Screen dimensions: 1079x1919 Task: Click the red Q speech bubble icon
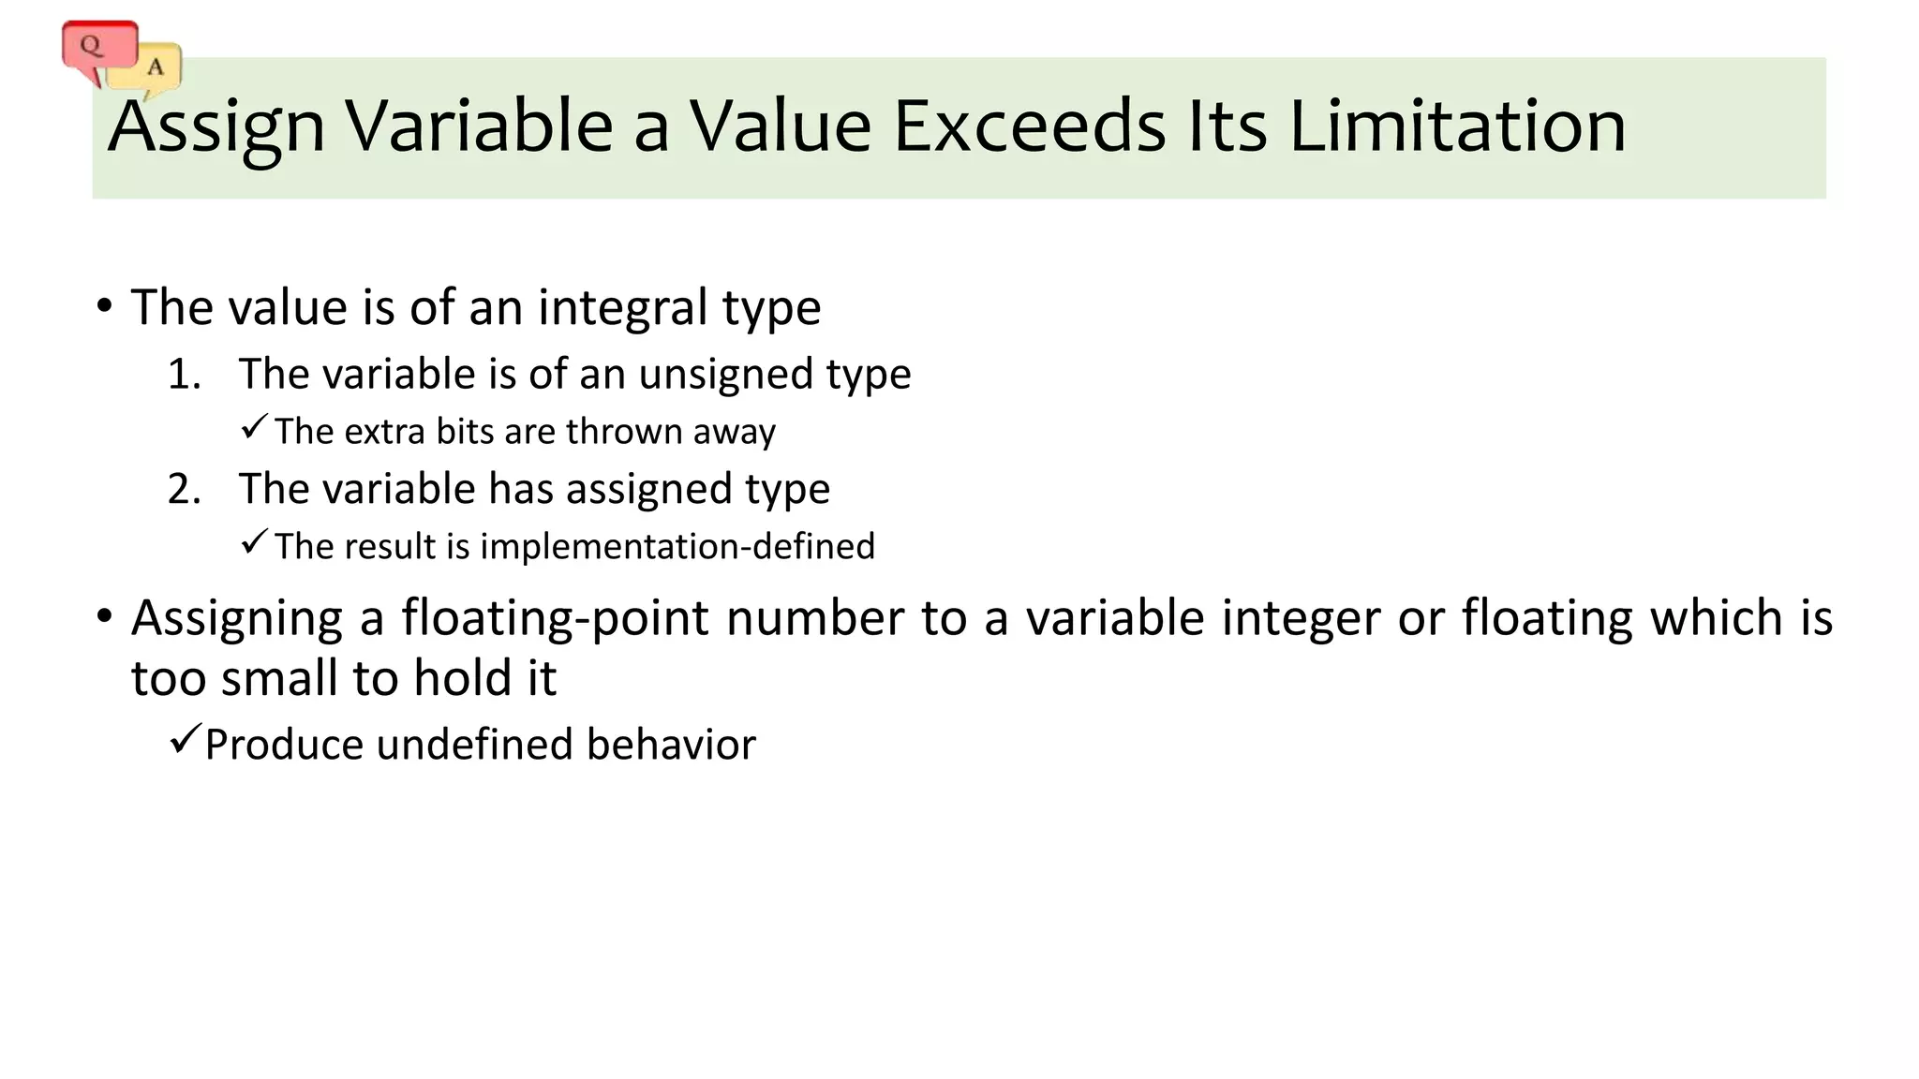click(97, 48)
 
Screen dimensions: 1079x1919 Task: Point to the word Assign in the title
click(216, 127)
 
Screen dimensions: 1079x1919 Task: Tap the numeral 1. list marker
click(184, 375)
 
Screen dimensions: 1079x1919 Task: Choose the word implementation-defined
click(677, 546)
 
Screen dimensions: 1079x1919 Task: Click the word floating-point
click(554, 618)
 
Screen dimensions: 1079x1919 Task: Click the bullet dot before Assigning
click(104, 616)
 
